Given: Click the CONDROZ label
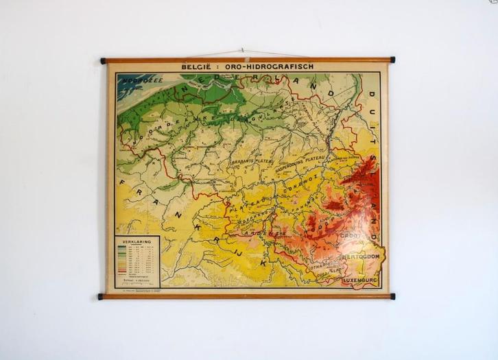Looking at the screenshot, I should (296, 183).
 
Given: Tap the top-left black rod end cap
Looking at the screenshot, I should (103, 60).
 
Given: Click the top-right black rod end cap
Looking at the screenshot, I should (392, 60).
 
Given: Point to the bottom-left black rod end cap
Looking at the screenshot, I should (101, 297).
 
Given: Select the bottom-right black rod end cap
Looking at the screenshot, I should (392, 296).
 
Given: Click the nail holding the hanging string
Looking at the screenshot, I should (241, 50).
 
